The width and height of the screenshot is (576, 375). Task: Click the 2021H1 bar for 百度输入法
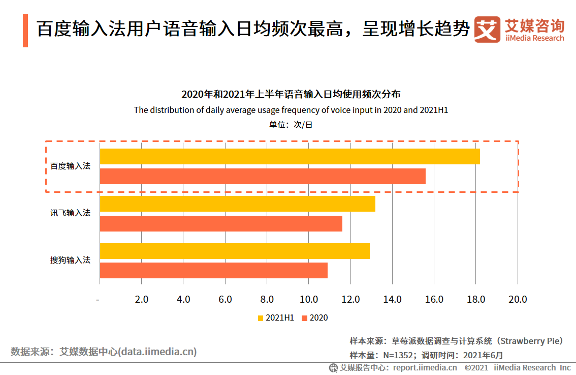290,156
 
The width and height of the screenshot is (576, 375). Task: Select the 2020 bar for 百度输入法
263,177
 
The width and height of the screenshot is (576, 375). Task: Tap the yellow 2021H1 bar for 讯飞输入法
237,204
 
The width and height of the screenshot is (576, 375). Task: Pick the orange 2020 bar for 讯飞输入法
221,223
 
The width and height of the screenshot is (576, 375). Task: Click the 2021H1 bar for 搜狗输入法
235,251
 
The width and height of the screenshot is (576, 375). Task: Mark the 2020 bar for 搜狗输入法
213,271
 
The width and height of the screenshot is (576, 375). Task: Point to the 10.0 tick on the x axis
308,299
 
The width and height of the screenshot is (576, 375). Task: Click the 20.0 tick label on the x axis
517,299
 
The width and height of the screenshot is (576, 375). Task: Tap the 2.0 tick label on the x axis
141,299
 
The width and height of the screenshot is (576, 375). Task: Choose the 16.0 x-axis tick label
434,299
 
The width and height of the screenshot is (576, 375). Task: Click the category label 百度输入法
70,166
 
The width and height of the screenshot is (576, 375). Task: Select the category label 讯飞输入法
70,213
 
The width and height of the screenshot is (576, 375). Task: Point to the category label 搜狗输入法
70,260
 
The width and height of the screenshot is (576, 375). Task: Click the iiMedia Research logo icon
487,30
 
